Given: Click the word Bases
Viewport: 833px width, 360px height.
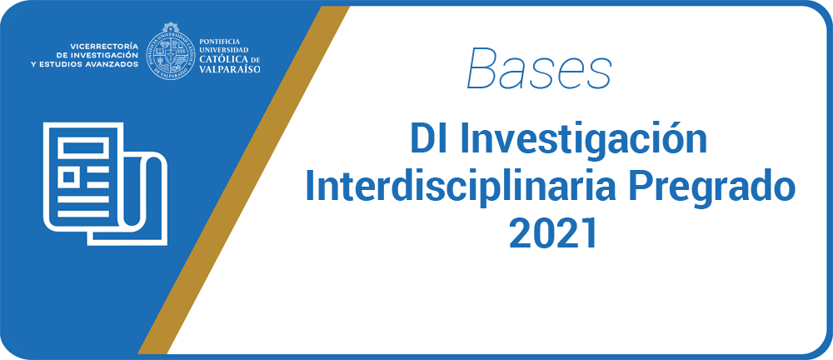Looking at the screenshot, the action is click(x=539, y=68).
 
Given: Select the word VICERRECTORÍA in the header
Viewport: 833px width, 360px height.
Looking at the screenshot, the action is click(x=101, y=46).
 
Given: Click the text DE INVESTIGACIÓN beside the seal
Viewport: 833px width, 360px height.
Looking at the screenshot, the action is click(x=97, y=55).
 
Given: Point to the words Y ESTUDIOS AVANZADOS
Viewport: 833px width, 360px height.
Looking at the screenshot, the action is click(x=85, y=64).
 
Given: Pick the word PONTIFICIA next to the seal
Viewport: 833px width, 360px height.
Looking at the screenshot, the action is click(x=219, y=42).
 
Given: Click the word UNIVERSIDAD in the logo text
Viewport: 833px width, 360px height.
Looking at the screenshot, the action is click(x=223, y=50).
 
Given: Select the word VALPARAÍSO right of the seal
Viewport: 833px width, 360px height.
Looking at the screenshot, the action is click(x=230, y=69).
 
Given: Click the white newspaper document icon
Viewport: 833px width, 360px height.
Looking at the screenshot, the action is click(x=105, y=184).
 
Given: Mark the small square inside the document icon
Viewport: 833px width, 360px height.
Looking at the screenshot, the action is click(x=68, y=176).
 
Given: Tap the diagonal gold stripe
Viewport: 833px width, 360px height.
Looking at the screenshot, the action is click(x=243, y=180).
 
